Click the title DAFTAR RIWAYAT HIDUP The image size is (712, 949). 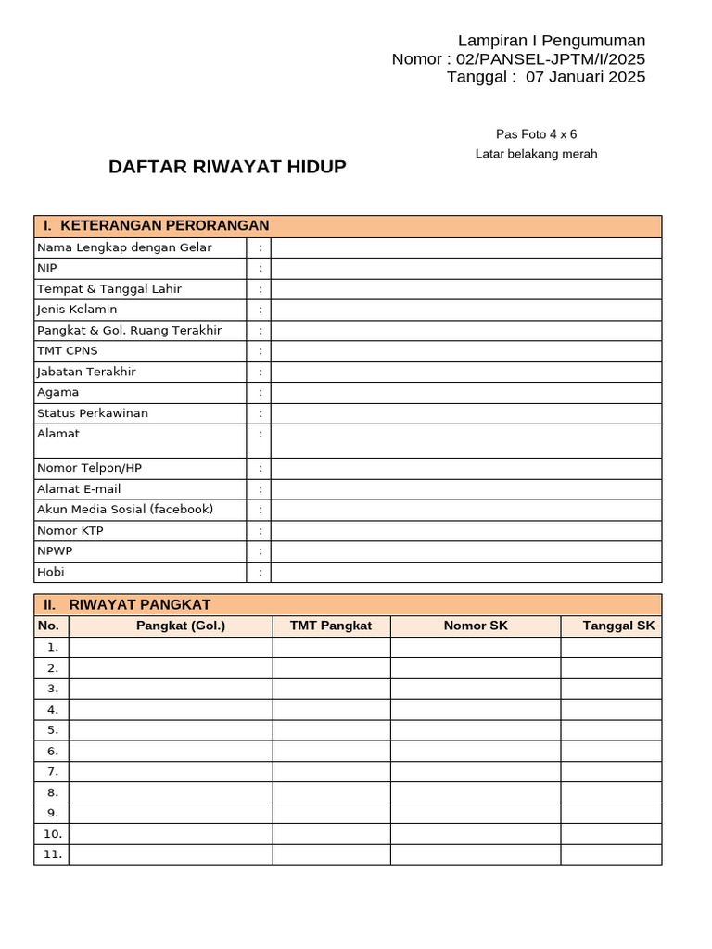click(227, 167)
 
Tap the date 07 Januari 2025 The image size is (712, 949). click(585, 77)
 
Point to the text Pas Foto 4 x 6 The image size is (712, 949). click(536, 134)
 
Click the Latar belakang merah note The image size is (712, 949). click(536, 154)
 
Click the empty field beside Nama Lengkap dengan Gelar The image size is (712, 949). click(465, 247)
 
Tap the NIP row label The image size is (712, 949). click(46, 268)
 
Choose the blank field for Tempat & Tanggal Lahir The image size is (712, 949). click(465, 289)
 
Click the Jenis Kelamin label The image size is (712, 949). click(77, 310)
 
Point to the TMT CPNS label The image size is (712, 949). click(67, 351)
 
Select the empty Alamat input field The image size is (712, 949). click(465, 441)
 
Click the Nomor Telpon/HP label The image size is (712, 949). click(89, 469)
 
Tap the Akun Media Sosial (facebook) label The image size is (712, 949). click(125, 510)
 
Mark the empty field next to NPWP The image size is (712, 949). click(465, 551)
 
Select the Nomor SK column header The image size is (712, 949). click(476, 626)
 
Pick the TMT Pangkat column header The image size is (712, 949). click(331, 626)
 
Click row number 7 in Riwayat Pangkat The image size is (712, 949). click(52, 772)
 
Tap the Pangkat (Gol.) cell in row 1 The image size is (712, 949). click(171, 647)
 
